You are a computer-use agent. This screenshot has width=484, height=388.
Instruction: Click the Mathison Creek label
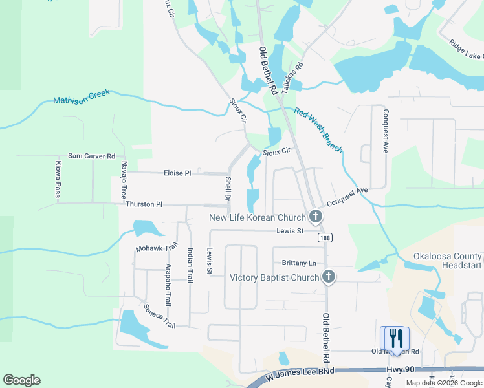82,97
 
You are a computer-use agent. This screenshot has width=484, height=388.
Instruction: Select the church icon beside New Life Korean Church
316,217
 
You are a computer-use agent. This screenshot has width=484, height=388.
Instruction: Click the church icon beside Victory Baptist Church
329,277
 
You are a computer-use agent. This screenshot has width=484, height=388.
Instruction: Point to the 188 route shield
325,238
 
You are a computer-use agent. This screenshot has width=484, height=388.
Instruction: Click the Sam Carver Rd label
91,156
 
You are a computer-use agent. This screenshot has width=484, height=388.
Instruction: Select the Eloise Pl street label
177,173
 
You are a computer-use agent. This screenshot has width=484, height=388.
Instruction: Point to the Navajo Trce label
124,180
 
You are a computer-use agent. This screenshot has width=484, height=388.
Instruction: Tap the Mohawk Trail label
156,248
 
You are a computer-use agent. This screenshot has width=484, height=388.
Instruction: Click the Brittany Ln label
299,263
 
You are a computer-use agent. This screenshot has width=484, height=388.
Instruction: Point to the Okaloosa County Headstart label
448,261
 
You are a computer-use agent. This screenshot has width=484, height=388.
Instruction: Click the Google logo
21,380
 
